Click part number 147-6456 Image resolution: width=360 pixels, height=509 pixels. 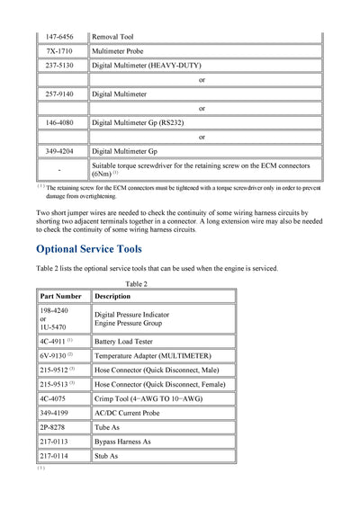tap(60, 36)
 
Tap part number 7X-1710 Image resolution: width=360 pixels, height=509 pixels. tap(60, 51)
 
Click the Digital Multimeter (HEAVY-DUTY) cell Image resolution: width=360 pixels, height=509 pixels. tap(148, 66)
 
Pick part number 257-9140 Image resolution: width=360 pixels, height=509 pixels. tap(60, 94)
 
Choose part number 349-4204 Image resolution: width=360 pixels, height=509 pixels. tap(60, 151)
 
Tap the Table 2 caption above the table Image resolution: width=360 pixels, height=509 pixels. tap(136, 284)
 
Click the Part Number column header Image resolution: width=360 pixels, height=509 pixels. tap(61, 296)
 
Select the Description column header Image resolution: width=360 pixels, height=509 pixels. tap(112, 296)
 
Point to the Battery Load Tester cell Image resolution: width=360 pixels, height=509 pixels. tap(127, 342)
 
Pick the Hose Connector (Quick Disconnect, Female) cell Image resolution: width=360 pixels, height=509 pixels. tap(160, 384)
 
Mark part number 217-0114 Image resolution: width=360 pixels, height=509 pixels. tap(55, 456)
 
